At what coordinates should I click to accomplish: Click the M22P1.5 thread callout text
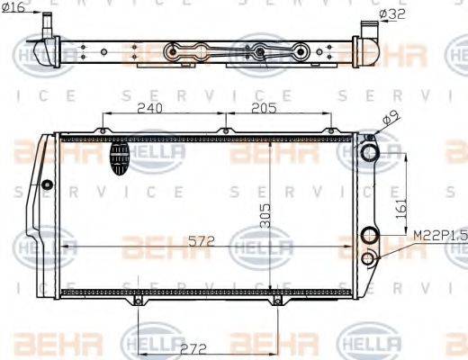[x=440, y=236]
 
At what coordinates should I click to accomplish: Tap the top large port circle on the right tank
[x=368, y=153]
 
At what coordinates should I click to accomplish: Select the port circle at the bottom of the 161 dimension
[x=367, y=237]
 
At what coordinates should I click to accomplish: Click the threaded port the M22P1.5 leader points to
[x=367, y=259]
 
